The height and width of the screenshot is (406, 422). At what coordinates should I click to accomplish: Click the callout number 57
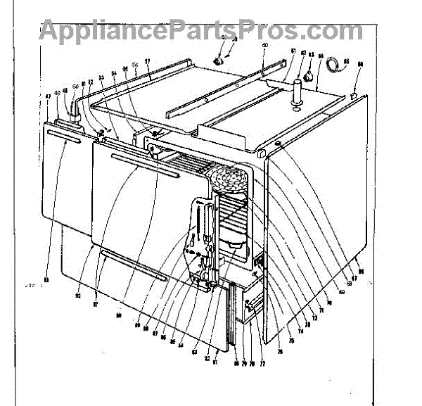coord(148,61)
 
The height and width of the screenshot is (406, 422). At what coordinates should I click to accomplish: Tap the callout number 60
coord(264,46)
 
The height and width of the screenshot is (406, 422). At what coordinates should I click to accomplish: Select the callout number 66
coord(360,65)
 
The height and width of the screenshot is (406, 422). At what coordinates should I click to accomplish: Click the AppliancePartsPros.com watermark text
coord(200,30)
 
